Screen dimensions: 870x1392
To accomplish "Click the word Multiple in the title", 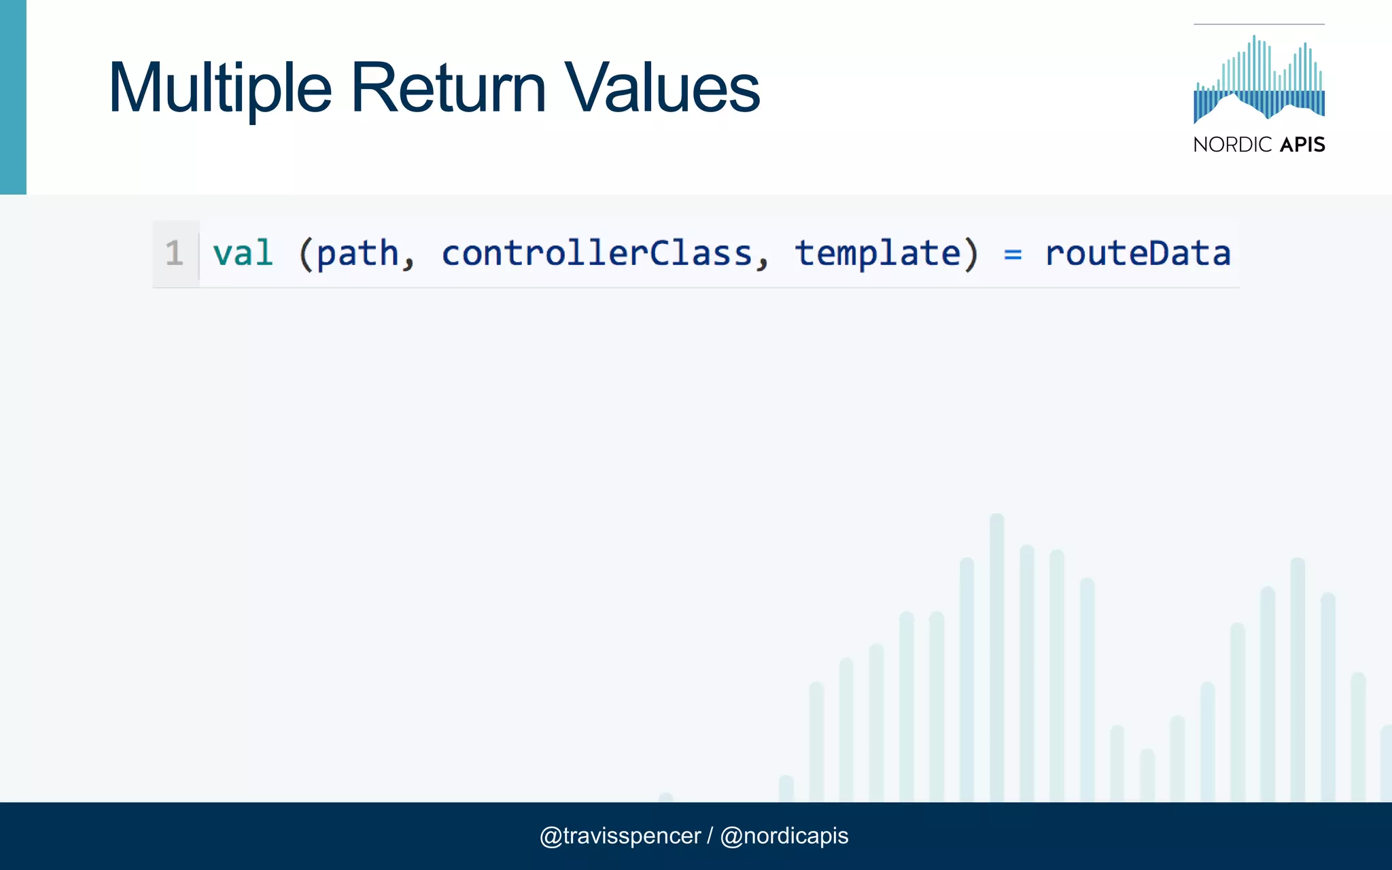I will click(x=220, y=88).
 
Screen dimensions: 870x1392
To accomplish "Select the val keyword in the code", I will click(x=243, y=254).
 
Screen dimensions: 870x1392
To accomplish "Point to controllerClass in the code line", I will click(x=597, y=254).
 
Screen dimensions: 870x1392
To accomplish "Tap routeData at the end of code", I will click(x=1138, y=254).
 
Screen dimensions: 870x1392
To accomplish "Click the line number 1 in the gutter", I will click(x=174, y=254).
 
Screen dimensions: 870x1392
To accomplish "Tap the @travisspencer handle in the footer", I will click(x=619, y=835).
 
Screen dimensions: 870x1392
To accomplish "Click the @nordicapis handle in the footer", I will click(x=784, y=835).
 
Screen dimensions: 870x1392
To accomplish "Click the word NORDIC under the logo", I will click(x=1232, y=145).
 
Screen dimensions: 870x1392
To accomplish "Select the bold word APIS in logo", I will click(x=1302, y=145).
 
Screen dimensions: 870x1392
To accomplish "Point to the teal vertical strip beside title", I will click(x=13, y=97).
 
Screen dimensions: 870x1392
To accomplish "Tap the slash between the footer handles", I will click(x=710, y=835).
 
